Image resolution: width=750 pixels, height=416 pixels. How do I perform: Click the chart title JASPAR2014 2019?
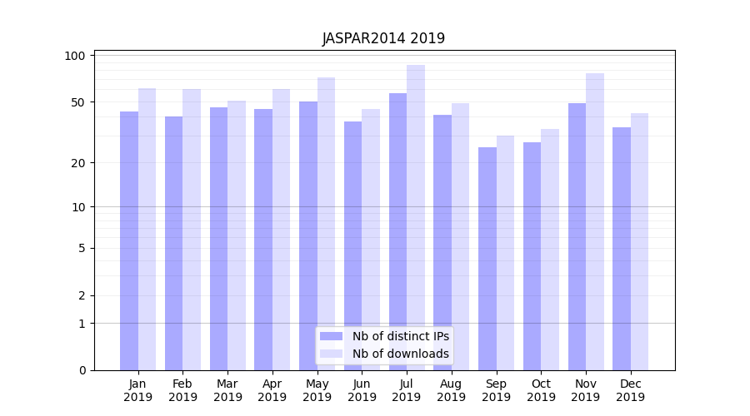(383, 38)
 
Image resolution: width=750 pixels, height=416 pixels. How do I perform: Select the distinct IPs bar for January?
(129, 241)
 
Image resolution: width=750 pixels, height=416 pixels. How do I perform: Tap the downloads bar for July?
(416, 216)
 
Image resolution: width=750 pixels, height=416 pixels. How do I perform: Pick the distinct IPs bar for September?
(487, 258)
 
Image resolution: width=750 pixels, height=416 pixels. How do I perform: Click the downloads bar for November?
(595, 220)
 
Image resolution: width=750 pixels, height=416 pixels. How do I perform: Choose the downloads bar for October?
(550, 250)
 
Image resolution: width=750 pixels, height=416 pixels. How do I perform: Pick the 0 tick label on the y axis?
(82, 370)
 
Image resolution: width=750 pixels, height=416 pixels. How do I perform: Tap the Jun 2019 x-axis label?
(362, 390)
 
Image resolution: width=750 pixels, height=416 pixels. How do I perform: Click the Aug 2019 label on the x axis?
(452, 390)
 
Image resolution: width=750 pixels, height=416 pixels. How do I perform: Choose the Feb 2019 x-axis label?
(182, 390)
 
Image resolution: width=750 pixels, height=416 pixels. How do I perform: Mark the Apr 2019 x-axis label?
(272, 390)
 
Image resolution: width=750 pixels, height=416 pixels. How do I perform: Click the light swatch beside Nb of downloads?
(331, 354)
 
